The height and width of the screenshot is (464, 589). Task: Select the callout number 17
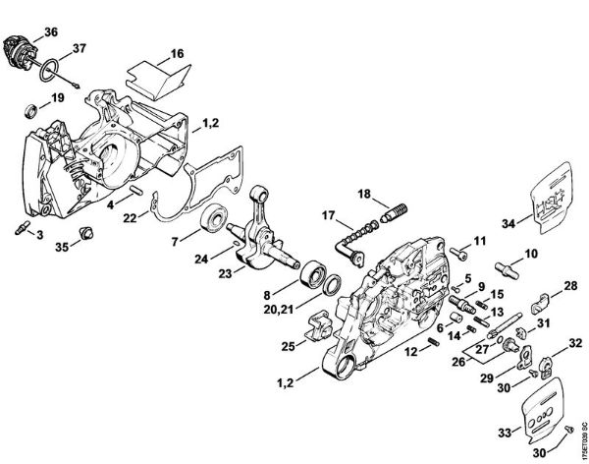tap(328, 215)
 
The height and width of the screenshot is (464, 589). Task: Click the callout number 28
tap(570, 286)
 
